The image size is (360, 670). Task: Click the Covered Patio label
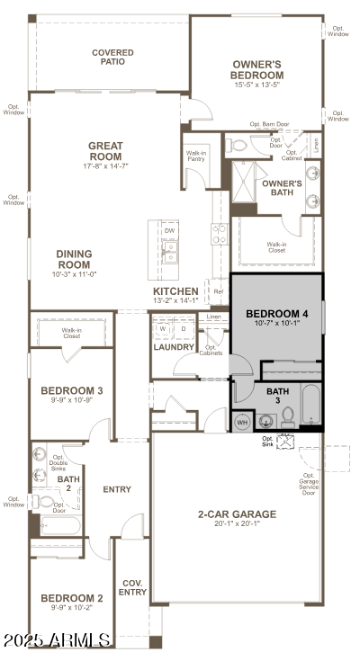pyautogui.click(x=112, y=58)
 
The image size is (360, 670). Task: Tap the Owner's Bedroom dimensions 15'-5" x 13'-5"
pyautogui.click(x=257, y=86)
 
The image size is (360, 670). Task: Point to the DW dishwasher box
pyautogui.click(x=169, y=231)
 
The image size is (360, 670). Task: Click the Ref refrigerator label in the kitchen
pyautogui.click(x=217, y=291)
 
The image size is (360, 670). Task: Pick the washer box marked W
pyautogui.click(x=164, y=328)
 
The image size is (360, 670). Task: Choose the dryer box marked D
pyautogui.click(x=183, y=328)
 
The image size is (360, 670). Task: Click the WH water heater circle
pyautogui.click(x=242, y=421)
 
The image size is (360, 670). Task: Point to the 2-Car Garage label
pyautogui.click(x=237, y=514)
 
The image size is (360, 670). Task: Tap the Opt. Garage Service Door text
pyautogui.click(x=310, y=484)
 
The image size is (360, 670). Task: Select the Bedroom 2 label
pyautogui.click(x=72, y=597)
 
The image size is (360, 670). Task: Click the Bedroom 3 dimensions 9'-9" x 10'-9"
pyautogui.click(x=72, y=401)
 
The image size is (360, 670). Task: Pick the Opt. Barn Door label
pyautogui.click(x=269, y=124)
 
